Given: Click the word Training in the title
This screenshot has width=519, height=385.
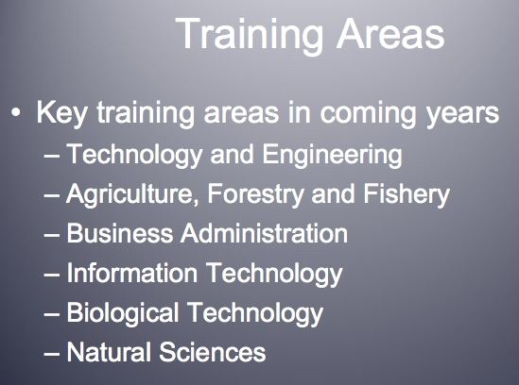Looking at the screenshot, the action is pos(250,35).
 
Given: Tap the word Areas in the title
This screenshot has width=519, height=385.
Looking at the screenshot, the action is pos(390,34).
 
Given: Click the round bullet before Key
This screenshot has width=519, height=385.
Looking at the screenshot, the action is pos(15,112).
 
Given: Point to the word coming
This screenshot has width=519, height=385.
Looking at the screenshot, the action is pos(368,114).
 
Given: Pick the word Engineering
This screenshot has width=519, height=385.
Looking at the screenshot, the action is pos(333,156).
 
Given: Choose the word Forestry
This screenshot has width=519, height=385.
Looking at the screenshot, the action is pos(255,194).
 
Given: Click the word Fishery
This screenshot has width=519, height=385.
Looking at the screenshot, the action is pos(407,194).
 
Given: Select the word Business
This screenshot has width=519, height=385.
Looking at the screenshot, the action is pos(120,233).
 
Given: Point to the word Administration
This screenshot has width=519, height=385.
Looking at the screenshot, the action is pos(264,233).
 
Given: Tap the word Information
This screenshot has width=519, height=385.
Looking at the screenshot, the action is pos(132,273).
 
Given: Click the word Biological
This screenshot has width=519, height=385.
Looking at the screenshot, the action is pos(123,313).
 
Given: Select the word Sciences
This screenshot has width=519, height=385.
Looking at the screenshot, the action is pos(213,352).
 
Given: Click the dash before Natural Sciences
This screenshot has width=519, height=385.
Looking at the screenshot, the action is pos(52,354).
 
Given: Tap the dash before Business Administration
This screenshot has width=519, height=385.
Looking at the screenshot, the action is pos(52,235).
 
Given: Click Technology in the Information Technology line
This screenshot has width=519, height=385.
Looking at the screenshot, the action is pos(274,275).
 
